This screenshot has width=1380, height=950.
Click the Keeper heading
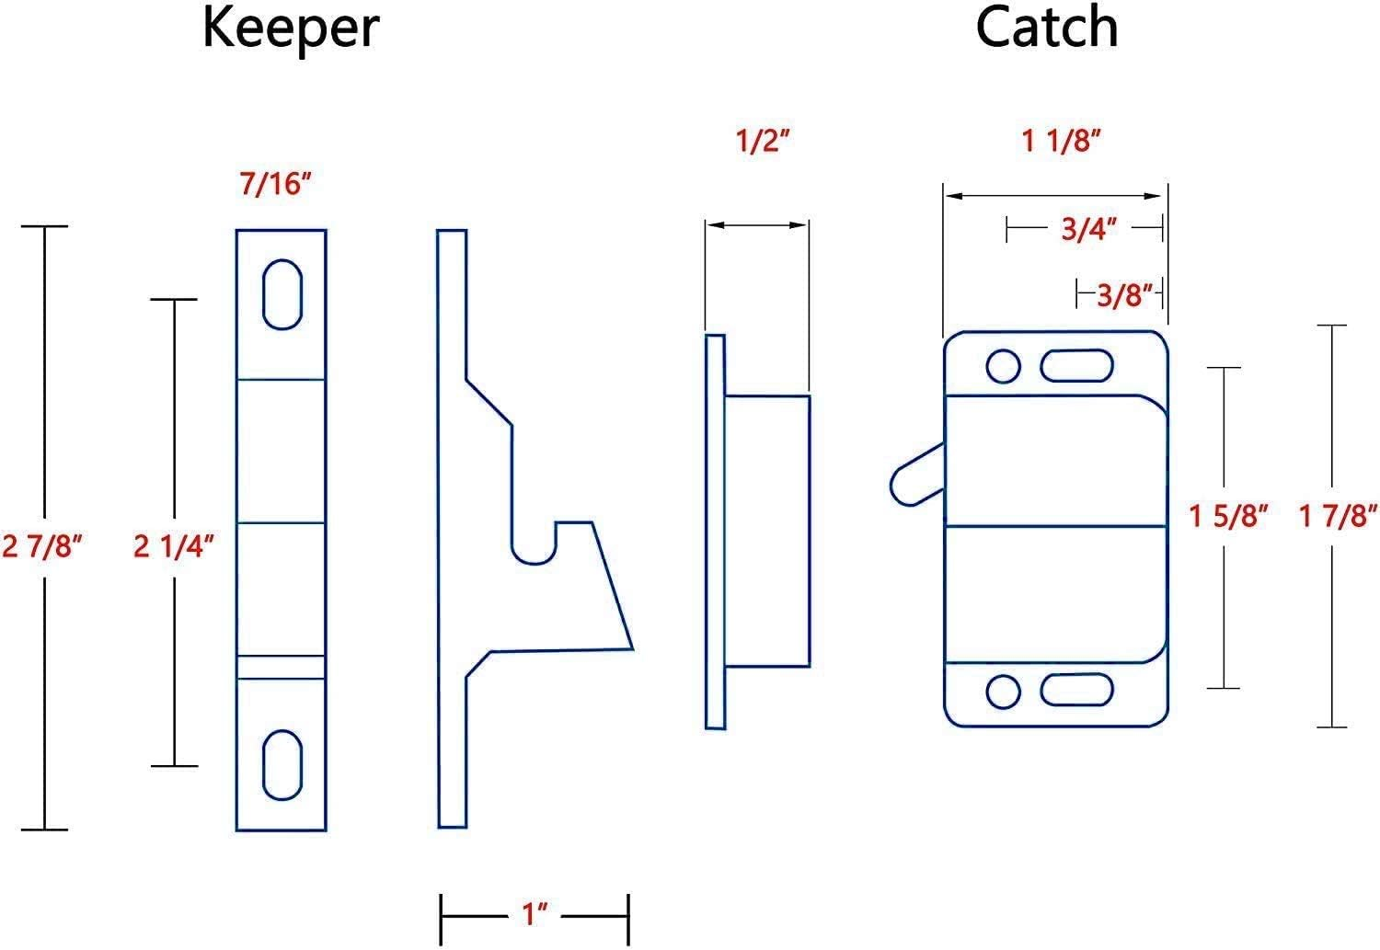pos(290,28)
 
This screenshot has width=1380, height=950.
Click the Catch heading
pos(1046,28)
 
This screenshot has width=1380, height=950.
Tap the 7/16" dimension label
pos(276,185)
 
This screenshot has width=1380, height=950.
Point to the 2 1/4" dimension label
pos(174,546)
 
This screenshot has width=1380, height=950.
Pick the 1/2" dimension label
pos(763,143)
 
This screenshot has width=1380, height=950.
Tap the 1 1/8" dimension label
pos(1062,141)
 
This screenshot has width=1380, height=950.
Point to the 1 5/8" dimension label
pos(1228,516)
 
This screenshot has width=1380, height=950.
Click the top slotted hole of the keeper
pos(282,294)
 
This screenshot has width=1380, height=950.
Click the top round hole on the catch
pos(1003,366)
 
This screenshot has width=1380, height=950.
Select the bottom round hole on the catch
pos(1003,691)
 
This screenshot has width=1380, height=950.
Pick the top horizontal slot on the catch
pos(1076,366)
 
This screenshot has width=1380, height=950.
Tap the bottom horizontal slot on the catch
pos(1076,690)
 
